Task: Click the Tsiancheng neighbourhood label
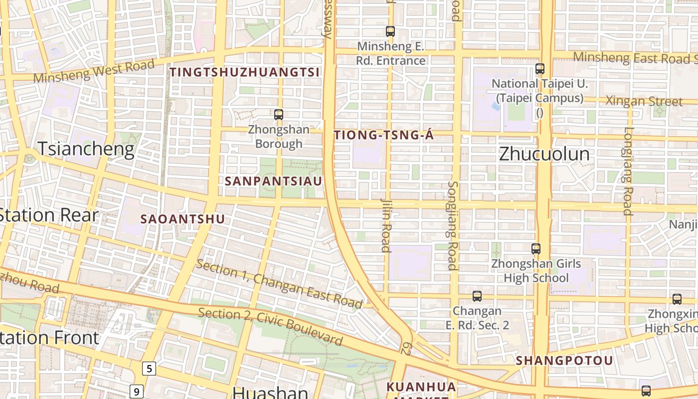[86, 149]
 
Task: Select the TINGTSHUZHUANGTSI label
[244, 72]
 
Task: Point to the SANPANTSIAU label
[274, 181]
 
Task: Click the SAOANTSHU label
[182, 219]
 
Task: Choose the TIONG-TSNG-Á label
[384, 135]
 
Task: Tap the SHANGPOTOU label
[564, 360]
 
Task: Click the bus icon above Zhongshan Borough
[279, 115]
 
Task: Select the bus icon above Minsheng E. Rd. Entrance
[390, 31]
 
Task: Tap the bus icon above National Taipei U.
[539, 69]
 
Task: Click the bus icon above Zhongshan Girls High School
[536, 248]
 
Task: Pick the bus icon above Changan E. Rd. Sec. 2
[477, 296]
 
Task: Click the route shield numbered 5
[149, 369]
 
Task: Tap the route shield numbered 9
[136, 392]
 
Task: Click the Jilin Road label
[386, 225]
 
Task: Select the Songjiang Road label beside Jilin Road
[453, 225]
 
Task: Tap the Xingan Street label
[644, 101]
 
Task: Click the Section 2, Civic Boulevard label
[270, 327]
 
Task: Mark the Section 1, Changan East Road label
[279, 283]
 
